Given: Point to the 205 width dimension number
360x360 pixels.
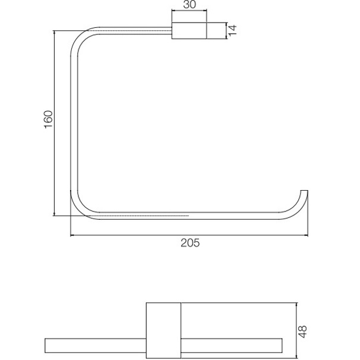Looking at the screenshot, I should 190,242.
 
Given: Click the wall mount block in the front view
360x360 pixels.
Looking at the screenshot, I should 189,31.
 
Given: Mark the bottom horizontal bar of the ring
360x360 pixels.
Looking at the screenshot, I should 178,215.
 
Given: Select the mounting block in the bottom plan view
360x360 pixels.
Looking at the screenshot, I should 163,330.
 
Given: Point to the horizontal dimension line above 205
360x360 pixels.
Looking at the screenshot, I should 190,235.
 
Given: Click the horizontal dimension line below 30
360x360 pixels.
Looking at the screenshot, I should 189,12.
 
